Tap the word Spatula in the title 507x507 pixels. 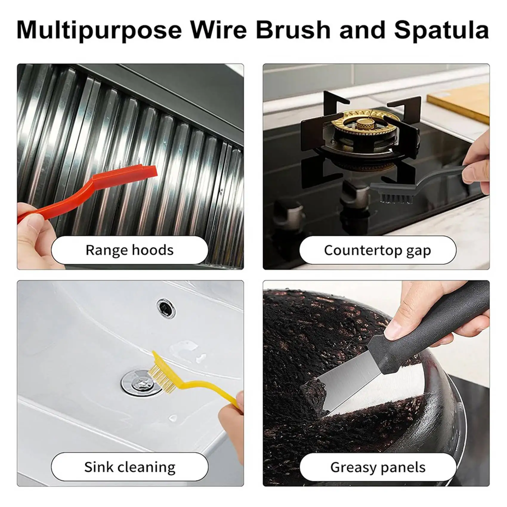(x=441, y=30)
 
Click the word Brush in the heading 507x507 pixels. (x=293, y=30)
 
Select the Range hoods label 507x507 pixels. (x=129, y=250)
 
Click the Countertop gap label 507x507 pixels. (x=378, y=250)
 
